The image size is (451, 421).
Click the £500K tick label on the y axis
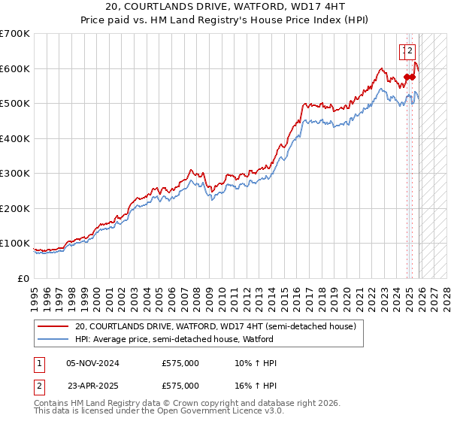tap(15, 104)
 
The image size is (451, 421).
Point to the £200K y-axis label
tap(15, 208)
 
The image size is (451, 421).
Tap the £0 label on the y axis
tap(24, 278)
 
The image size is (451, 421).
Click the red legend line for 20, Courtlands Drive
tap(53, 326)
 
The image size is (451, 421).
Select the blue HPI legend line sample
tap(53, 340)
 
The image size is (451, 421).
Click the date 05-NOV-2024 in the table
tap(93, 363)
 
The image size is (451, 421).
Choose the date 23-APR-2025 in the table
tap(93, 386)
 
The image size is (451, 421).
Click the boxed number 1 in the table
tap(38, 363)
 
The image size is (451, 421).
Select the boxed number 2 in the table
tap(38, 386)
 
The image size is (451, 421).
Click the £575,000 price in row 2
tap(180, 386)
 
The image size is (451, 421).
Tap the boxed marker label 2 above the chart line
tap(410, 51)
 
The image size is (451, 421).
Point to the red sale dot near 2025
tap(413, 77)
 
